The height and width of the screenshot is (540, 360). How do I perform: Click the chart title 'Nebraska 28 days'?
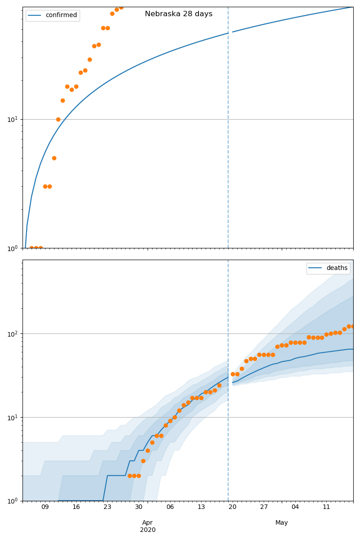[x=179, y=14]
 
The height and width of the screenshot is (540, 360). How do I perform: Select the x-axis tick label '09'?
[x=45, y=507]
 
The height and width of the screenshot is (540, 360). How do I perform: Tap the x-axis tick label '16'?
[x=76, y=507]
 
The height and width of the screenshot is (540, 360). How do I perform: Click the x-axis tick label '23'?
[x=107, y=507]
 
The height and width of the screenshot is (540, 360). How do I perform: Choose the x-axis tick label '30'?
[x=139, y=507]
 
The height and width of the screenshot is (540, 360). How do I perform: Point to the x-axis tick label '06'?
[x=170, y=507]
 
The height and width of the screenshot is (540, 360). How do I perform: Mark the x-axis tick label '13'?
[x=201, y=507]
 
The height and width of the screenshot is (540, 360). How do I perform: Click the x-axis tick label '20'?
[x=232, y=507]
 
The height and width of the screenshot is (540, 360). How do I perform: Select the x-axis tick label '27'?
[x=264, y=507]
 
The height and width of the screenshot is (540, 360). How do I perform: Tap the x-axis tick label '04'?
[x=295, y=507]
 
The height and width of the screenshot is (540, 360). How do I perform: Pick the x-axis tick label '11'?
[x=326, y=507]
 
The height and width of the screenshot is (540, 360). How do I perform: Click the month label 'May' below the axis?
[x=282, y=522]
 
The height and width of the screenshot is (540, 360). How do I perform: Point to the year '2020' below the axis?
[x=148, y=530]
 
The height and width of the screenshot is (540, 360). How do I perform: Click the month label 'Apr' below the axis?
[x=148, y=522]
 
